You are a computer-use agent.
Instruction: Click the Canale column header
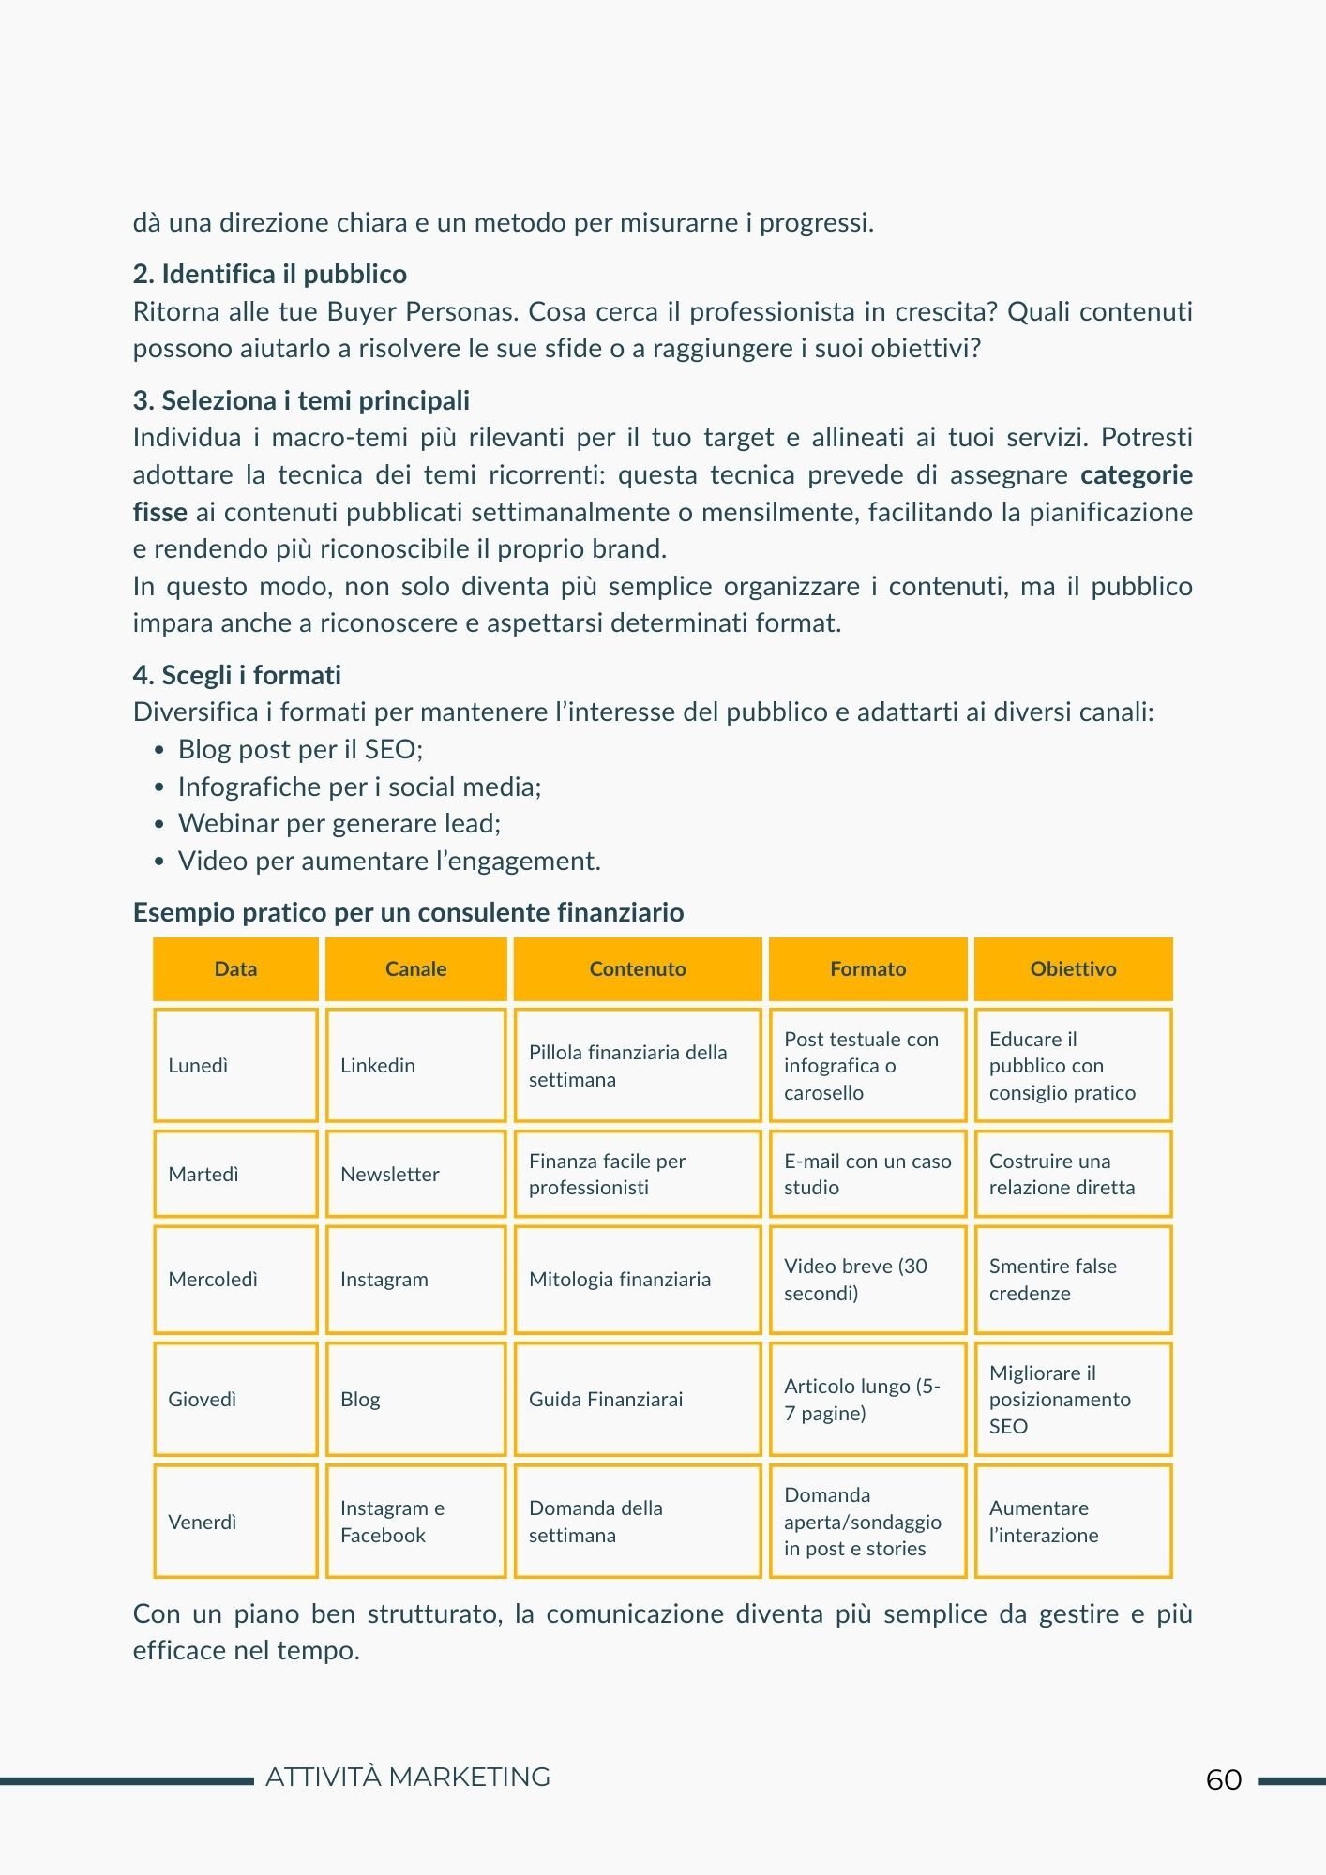(415, 968)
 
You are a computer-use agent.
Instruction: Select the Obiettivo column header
(1073, 968)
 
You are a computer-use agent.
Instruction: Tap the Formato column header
(867, 968)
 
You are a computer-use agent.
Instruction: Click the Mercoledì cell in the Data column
(235, 1279)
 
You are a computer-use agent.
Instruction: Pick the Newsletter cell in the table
(415, 1174)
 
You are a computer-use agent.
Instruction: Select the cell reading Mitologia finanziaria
(637, 1279)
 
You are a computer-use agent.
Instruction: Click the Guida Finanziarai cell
(637, 1399)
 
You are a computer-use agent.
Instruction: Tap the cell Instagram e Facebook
(415, 1521)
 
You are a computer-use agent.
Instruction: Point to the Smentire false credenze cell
(1073, 1279)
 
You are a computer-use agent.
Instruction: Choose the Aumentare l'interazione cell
(1073, 1521)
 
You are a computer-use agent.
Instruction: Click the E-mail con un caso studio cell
(867, 1174)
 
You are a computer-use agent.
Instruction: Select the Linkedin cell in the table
(415, 1065)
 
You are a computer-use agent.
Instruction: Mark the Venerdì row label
(235, 1521)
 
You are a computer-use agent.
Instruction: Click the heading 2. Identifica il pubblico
(270, 274)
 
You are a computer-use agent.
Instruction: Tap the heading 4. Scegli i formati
(237, 675)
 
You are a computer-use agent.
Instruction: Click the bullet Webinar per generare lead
(339, 823)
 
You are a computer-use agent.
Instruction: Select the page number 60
(1224, 1779)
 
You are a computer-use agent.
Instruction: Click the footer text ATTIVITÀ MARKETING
(408, 1777)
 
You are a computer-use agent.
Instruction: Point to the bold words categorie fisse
(1136, 474)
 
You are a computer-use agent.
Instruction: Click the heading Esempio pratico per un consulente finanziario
(408, 912)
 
